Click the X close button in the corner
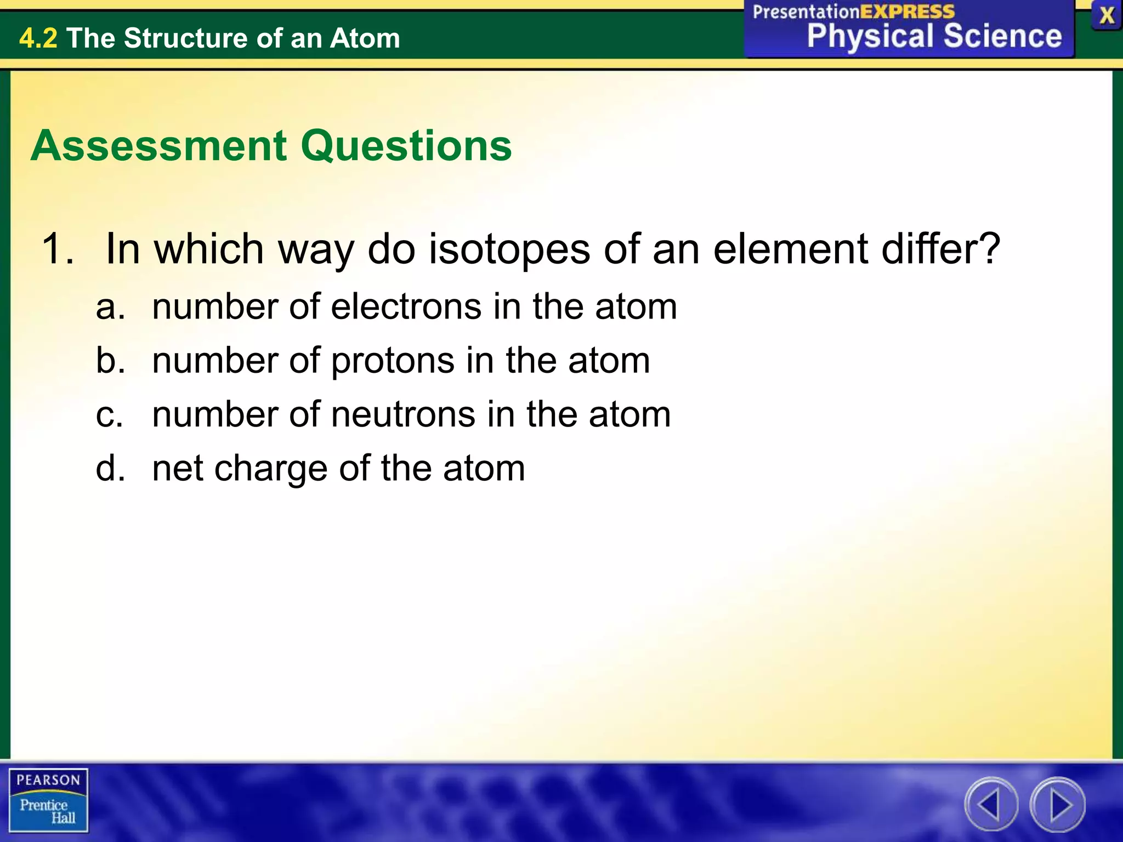click(1106, 16)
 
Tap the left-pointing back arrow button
click(991, 804)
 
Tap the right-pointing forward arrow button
click(1058, 804)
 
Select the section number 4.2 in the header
click(38, 38)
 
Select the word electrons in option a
click(406, 306)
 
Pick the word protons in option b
click(393, 361)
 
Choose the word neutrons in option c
click(403, 414)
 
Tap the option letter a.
click(109, 307)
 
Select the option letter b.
click(109, 361)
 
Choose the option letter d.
click(109, 469)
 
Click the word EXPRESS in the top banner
click(907, 12)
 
